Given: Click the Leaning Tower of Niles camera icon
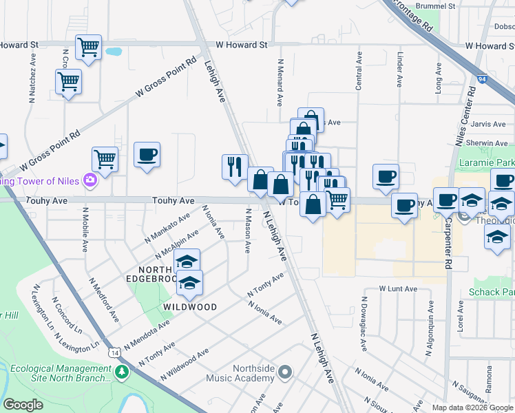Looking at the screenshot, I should [90, 181].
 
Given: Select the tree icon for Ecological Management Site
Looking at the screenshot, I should [123, 372].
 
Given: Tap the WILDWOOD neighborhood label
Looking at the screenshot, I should [190, 307].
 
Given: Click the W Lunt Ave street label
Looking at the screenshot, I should [399, 289].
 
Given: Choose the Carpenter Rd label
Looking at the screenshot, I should [448, 244].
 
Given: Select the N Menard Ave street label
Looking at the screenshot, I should [280, 82].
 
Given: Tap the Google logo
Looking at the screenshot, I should [24, 405].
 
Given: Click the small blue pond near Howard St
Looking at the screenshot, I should [113, 51].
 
